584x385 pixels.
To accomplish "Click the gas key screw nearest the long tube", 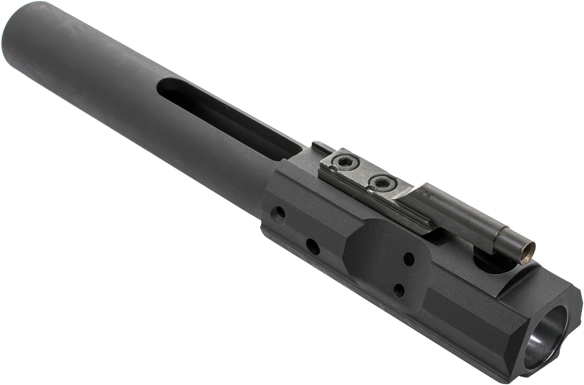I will click(345, 161).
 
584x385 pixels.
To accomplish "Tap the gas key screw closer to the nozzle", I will click(382, 183).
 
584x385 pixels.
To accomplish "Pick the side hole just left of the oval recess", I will click(313, 246).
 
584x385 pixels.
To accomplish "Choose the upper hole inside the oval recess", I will click(409, 259).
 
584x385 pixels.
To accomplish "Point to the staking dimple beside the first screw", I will click(334, 169).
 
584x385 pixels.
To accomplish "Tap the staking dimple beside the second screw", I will click(371, 189).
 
